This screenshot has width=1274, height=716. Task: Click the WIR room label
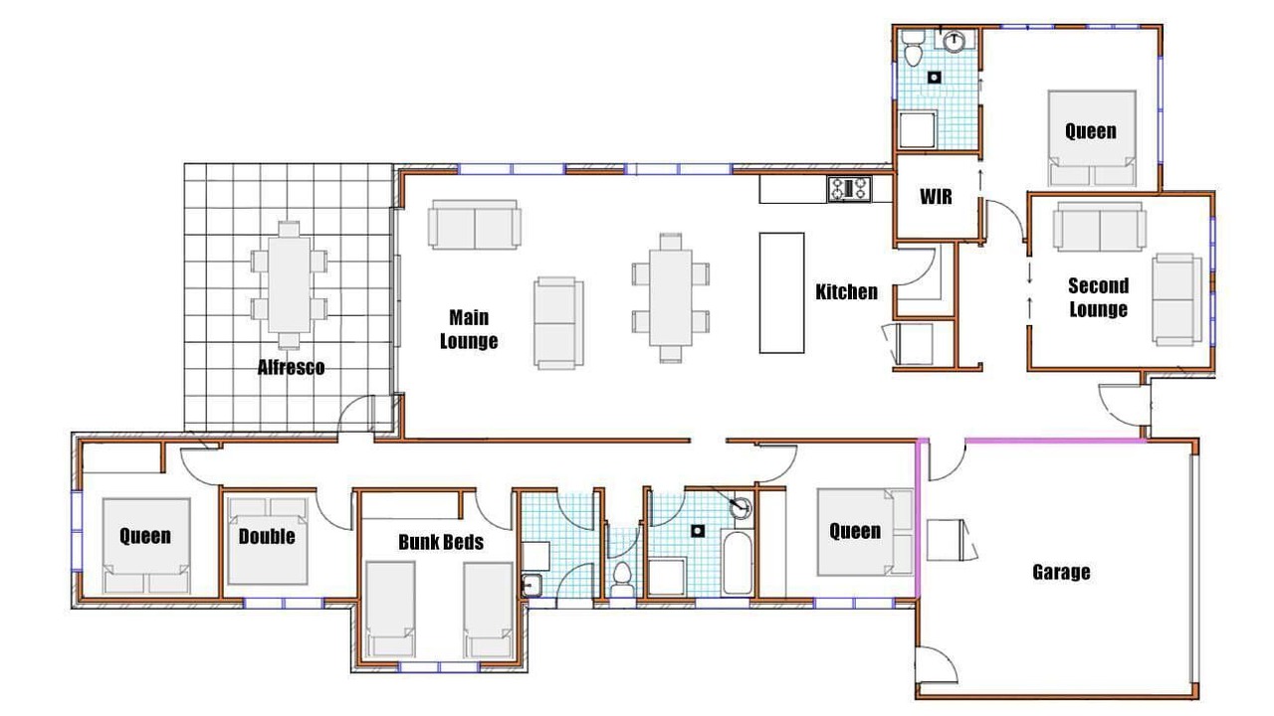(x=936, y=197)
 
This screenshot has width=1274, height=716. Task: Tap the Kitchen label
(x=846, y=292)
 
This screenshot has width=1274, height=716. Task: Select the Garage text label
(x=1061, y=572)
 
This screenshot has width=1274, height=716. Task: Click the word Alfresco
(x=291, y=367)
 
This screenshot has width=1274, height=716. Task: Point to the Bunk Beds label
(x=441, y=542)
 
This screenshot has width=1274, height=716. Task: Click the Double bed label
(x=267, y=536)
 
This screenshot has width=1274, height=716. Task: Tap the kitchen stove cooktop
(x=849, y=189)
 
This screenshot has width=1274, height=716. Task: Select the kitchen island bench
(x=782, y=292)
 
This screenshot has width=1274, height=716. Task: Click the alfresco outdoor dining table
(x=289, y=284)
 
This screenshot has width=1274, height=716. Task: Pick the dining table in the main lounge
(x=671, y=297)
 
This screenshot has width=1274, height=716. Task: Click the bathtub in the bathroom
(x=738, y=563)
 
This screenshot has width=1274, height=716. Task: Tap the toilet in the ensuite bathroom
(x=914, y=48)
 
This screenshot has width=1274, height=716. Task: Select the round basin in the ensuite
(x=955, y=42)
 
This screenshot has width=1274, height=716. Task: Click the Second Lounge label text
(x=1098, y=297)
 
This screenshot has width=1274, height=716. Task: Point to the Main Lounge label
(x=469, y=329)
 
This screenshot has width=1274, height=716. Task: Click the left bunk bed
(x=390, y=610)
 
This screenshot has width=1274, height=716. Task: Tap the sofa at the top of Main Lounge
(x=475, y=225)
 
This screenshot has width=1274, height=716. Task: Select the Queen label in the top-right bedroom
(x=1090, y=131)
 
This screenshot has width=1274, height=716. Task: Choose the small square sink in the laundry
(x=531, y=585)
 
